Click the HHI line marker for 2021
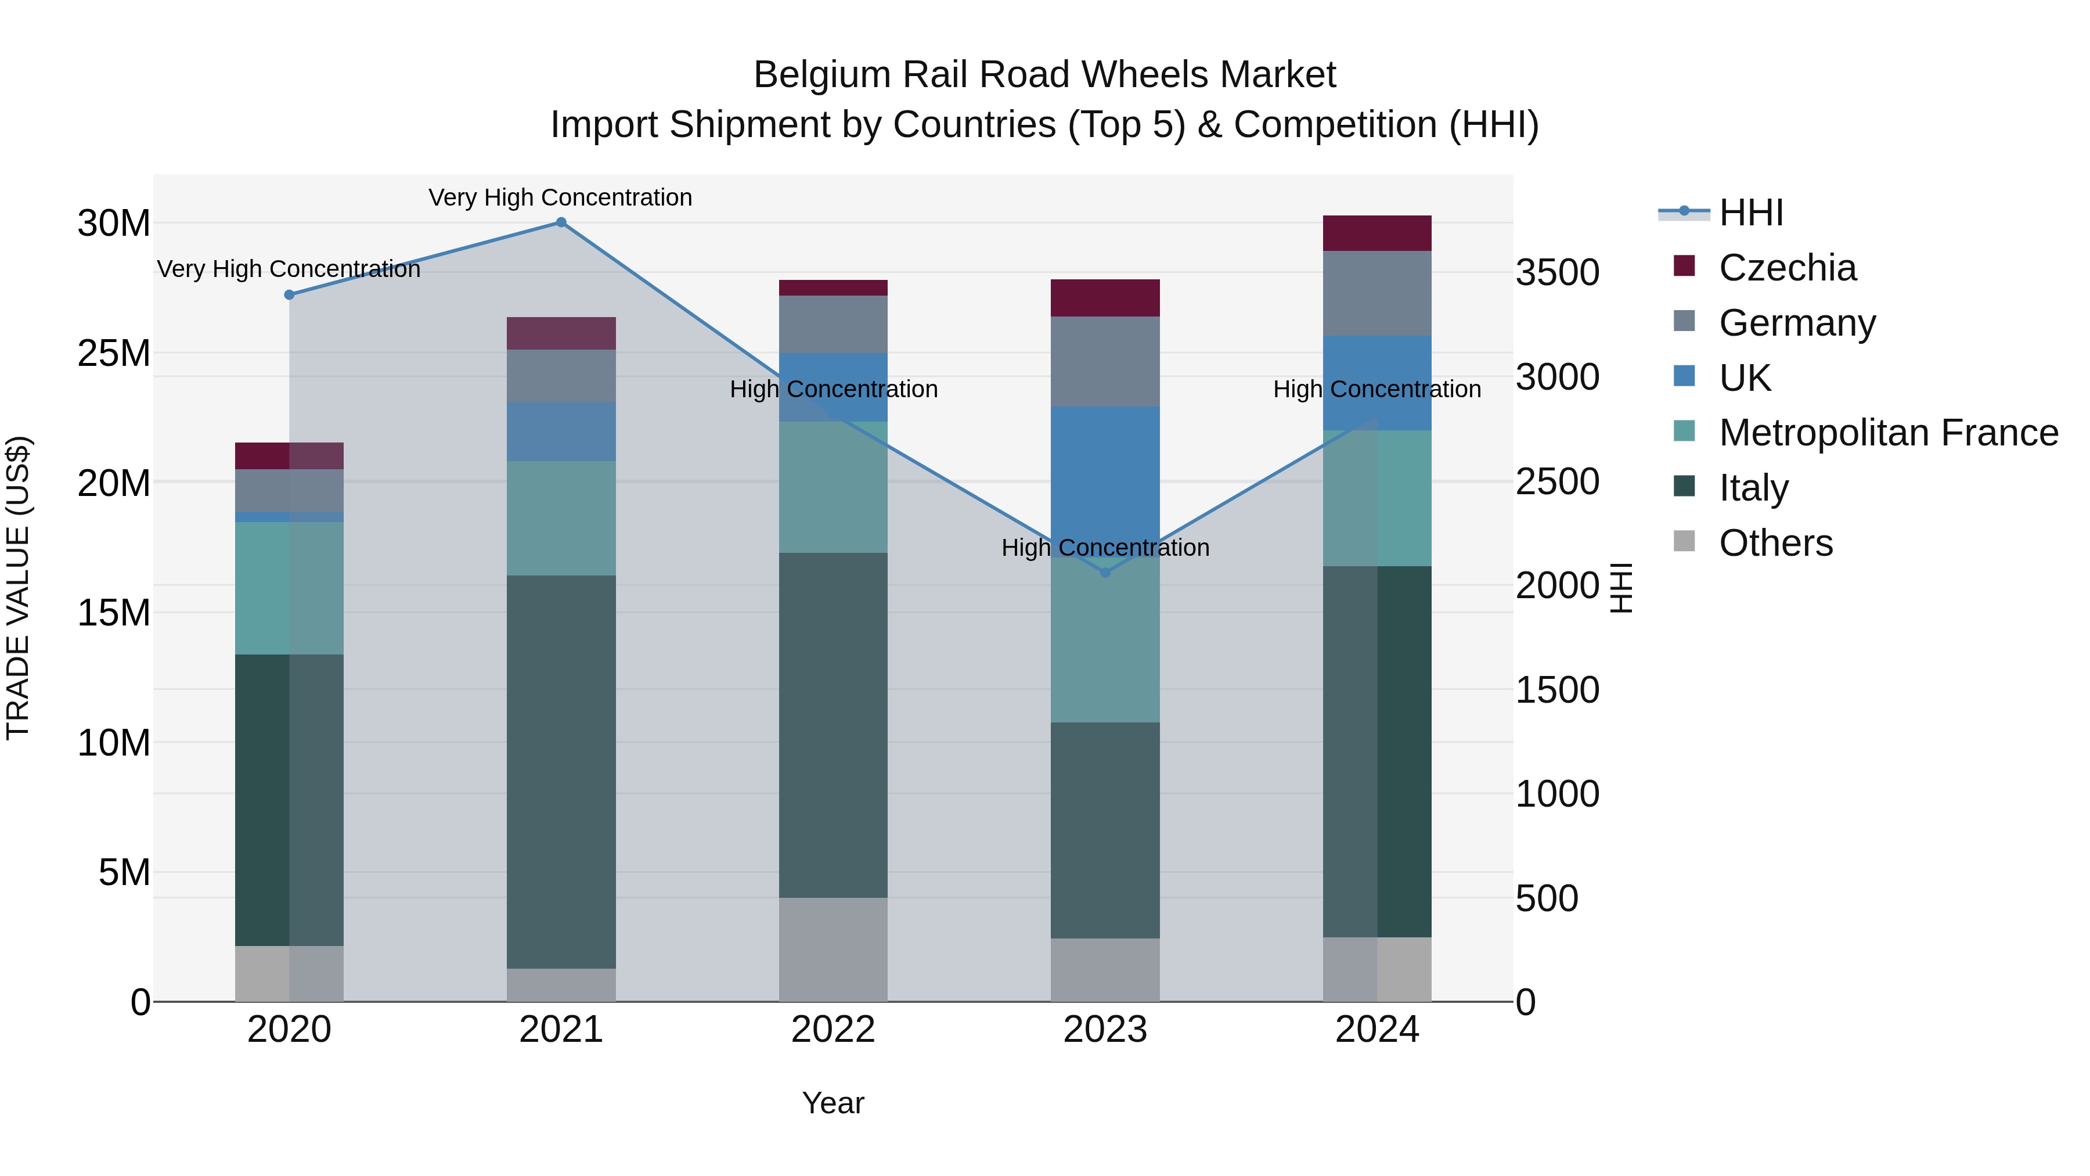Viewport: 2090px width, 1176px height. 561,222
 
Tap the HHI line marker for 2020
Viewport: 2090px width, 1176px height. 289,294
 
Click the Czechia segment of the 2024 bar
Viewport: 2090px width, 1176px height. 1377,233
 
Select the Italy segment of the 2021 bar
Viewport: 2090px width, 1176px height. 561,771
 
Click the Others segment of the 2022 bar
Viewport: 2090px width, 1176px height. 833,949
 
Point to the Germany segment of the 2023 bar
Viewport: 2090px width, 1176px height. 1105,361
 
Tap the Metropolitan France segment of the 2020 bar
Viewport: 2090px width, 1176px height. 289,588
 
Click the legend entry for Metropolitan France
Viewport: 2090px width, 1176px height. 1888,433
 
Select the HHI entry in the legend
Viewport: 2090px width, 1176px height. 1751,213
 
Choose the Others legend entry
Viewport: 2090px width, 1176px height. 1775,543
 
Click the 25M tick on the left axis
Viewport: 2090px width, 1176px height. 114,353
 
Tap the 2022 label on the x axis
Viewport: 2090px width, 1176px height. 833,1030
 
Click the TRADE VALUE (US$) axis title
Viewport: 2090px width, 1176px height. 19,588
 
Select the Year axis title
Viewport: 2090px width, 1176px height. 833,1103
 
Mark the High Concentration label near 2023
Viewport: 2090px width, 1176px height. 1105,547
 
